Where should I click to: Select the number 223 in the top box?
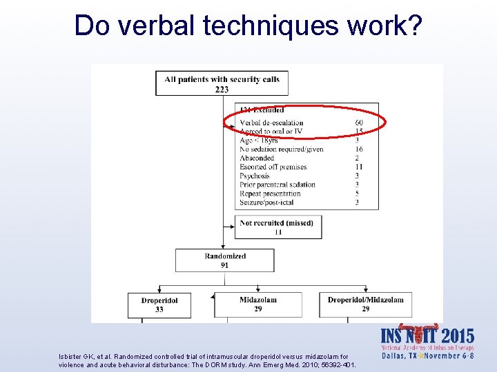click(222, 89)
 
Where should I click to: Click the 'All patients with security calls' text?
click(222, 79)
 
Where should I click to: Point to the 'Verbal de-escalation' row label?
click(271, 123)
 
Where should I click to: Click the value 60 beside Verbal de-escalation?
click(359, 123)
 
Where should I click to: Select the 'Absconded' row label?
click(257, 158)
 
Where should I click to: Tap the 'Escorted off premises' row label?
click(273, 167)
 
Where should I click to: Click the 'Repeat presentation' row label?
click(271, 194)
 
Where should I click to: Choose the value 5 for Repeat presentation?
click(358, 194)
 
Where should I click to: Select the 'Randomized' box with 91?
click(225, 260)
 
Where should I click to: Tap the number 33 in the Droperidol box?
click(159, 309)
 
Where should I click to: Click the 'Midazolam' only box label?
click(258, 300)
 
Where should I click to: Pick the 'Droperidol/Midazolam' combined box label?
click(365, 300)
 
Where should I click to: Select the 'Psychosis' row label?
click(256, 176)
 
